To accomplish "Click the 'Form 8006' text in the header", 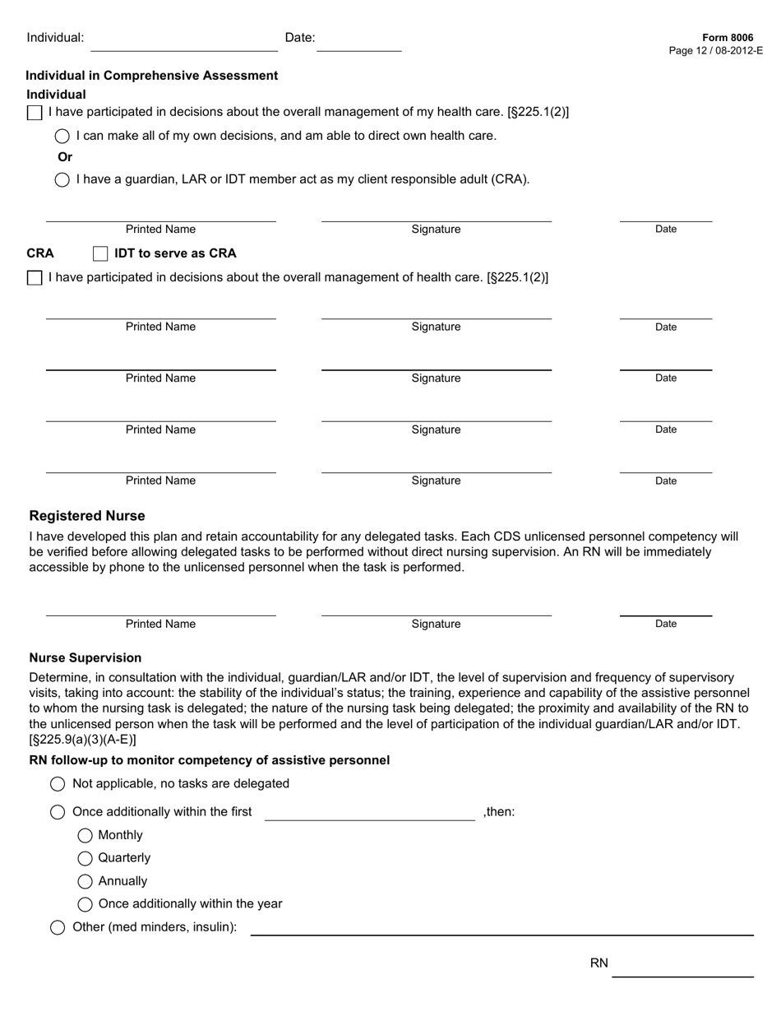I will tap(728, 38).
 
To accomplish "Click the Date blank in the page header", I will tap(359, 43).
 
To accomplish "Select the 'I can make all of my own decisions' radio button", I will tap(62, 137).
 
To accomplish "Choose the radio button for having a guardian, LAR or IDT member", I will tap(62, 180).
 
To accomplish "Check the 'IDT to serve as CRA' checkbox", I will tap(100, 253).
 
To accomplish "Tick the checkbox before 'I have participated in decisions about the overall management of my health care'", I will tap(35, 113).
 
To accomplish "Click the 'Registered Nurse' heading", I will tap(87, 516).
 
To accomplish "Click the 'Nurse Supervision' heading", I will tap(85, 657).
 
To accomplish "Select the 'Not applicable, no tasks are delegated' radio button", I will tap(58, 784).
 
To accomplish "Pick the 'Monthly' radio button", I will tap(85, 836).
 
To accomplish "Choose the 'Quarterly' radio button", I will tap(85, 859).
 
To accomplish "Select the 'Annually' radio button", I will tap(85, 882).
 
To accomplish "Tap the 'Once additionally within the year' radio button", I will tap(85, 905).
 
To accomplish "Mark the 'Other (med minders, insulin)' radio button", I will tap(58, 928).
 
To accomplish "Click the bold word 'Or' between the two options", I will tap(65, 157).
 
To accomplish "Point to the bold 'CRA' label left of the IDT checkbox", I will tap(40, 253).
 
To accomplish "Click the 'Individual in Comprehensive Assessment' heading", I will tap(152, 76).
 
